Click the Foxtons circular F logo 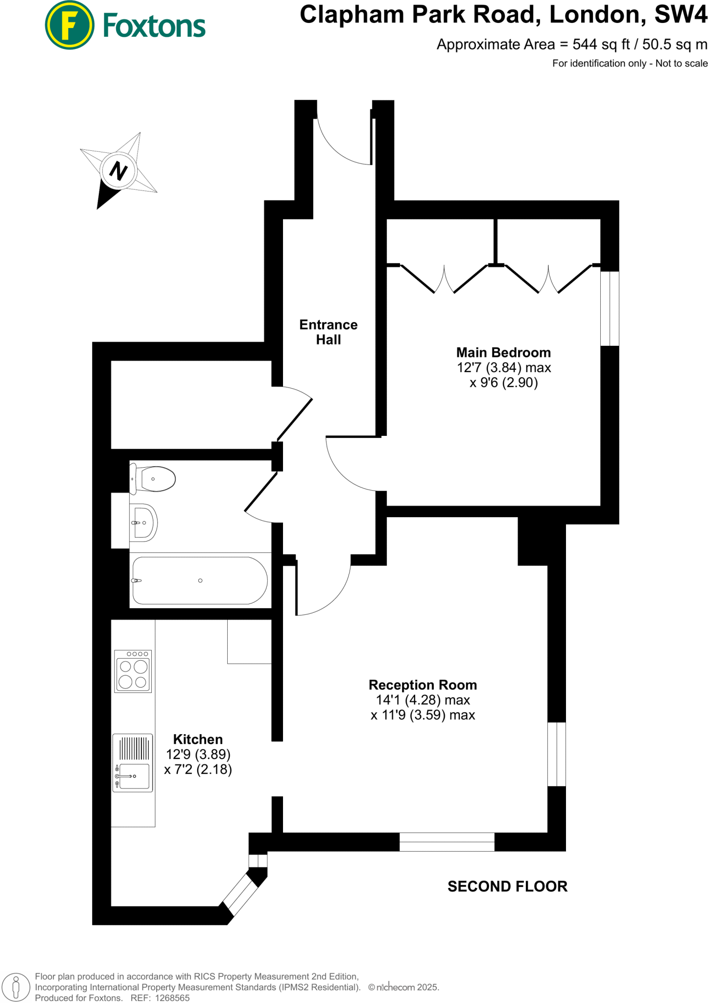(70, 25)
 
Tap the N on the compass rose (118, 171)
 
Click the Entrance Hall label (328, 332)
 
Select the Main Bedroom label (503, 353)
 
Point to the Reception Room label (423, 685)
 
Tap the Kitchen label (198, 739)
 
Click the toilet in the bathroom (153, 479)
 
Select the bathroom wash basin (143, 523)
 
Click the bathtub (200, 580)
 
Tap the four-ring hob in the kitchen (133, 671)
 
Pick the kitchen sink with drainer (133, 763)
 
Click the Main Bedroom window (610, 309)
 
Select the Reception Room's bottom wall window (447, 842)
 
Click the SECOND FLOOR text (507, 886)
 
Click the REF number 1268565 (172, 998)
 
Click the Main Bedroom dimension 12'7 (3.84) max (503, 368)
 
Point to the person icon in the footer (16, 986)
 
